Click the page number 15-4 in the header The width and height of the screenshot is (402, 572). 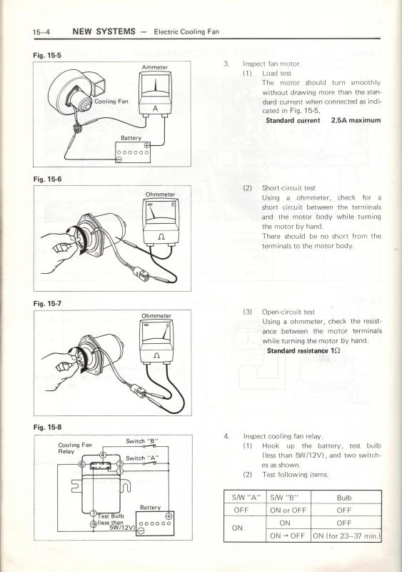point(41,32)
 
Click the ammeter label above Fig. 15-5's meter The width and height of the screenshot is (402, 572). point(154,67)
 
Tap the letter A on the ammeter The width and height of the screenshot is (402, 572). point(155,109)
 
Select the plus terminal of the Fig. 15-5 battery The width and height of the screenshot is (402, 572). point(146,146)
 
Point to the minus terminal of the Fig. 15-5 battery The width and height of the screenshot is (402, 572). point(119,159)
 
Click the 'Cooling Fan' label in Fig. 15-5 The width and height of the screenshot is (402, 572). point(111,102)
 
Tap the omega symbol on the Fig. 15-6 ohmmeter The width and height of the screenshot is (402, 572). point(162,237)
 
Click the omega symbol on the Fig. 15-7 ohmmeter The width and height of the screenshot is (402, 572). point(157,355)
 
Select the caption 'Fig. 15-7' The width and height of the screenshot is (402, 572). point(47,303)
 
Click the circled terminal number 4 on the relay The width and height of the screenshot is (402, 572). point(103,455)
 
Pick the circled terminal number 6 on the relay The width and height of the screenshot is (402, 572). point(82,464)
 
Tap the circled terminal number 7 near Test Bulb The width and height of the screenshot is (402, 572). point(94,513)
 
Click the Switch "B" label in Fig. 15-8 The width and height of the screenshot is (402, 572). point(142,441)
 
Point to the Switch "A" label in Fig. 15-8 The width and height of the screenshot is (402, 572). point(142,458)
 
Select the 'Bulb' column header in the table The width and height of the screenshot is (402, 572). point(344,498)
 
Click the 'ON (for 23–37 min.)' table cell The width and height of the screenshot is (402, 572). point(346,536)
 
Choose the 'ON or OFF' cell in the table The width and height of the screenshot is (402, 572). point(288,511)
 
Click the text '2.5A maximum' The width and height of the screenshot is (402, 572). point(356,120)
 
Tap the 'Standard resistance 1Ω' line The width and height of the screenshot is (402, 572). point(303,350)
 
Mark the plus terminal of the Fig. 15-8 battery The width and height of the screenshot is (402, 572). point(169,516)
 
